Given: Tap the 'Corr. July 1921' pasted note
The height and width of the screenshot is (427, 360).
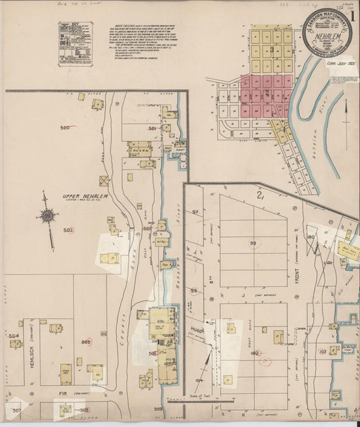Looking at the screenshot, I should [x=341, y=66].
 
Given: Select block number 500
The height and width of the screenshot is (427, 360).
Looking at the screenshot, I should [x=66, y=128].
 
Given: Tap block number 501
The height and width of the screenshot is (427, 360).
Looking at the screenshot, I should [x=153, y=128].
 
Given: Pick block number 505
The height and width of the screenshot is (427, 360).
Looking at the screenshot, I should [x=86, y=343].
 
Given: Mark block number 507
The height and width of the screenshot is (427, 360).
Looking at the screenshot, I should [x=17, y=410].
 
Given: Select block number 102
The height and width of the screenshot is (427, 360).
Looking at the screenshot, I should [x=255, y=353].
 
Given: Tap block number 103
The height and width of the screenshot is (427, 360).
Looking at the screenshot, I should [x=323, y=351].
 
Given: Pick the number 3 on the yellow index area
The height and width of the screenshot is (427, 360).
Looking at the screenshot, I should [x=272, y=49].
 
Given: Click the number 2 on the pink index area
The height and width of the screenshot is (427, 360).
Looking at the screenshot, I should [x=267, y=93].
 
